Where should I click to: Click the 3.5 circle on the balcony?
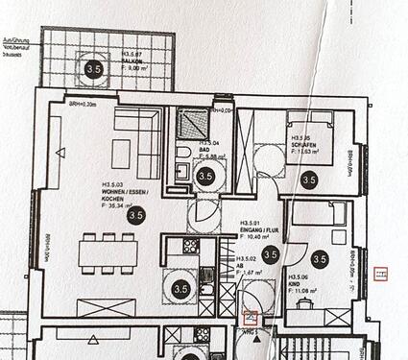(x=94, y=68)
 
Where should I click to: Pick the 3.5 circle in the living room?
(x=136, y=217)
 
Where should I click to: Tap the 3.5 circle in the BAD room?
(x=204, y=177)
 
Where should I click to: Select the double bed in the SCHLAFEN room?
(x=308, y=145)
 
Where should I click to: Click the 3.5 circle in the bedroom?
(x=308, y=179)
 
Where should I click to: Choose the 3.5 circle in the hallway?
(x=270, y=254)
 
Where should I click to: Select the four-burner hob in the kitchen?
(x=190, y=247)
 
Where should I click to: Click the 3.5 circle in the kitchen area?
(x=180, y=286)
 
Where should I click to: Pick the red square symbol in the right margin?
(x=381, y=275)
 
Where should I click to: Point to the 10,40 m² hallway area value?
(x=257, y=236)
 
